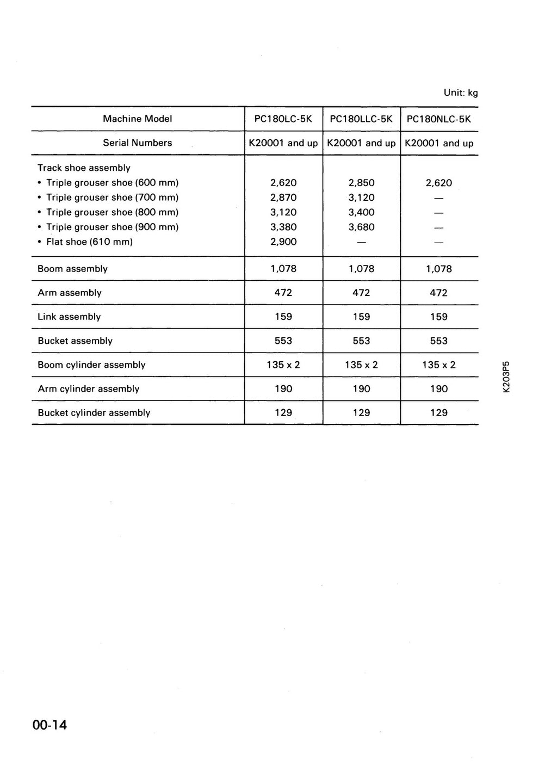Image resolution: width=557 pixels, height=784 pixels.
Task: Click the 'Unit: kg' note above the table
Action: point(460,92)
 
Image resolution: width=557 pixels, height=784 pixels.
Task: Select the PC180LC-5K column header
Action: point(283,119)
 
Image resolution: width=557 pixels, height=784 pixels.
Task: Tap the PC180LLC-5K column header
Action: point(361,119)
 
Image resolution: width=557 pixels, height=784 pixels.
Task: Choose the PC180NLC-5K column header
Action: point(439,119)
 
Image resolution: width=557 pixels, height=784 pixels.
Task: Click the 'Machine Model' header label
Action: point(138,119)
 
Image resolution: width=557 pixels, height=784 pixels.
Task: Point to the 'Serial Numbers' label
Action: point(138,143)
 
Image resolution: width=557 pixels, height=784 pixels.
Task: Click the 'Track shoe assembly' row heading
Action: point(84,168)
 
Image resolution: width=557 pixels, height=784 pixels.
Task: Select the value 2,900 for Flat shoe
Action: point(283,242)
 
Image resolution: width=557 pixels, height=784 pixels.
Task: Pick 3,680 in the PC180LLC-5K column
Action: point(361,227)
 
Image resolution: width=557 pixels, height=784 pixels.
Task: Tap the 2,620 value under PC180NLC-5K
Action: point(439,183)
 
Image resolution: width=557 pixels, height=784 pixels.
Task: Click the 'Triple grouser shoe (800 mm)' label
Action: point(112,212)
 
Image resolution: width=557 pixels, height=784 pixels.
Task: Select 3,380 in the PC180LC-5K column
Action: point(283,227)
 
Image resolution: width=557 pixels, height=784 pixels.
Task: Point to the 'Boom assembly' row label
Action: point(72,269)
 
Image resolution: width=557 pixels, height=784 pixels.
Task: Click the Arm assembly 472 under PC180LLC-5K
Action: point(361,293)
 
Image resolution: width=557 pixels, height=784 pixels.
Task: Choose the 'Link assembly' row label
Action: point(69,317)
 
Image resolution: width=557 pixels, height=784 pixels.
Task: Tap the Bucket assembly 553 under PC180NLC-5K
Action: point(439,341)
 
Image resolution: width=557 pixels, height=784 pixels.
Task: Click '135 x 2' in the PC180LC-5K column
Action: point(283,365)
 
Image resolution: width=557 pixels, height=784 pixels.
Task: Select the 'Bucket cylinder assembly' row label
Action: point(94,412)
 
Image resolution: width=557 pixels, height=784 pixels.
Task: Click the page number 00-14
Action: point(49,725)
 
